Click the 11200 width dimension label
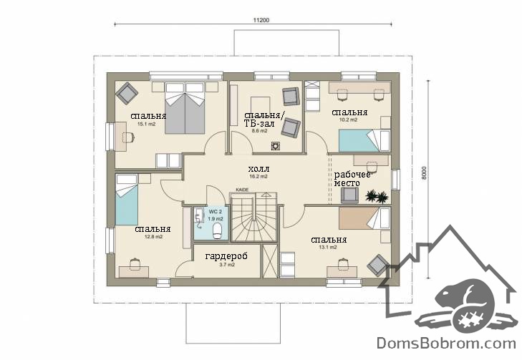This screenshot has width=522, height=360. pos(261,20)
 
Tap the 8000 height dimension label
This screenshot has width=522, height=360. pos(424,173)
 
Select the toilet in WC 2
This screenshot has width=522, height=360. pos(217,231)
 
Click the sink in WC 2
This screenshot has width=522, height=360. pos(199,215)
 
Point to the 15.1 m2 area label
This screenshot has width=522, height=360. pos(147,124)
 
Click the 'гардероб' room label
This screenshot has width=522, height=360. pos(226,256)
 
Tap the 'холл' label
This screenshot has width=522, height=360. pos(258,169)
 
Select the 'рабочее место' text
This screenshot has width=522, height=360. pos(352,179)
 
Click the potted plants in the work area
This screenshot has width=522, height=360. pos(377,196)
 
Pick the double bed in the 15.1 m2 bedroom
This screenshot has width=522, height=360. pos(185,108)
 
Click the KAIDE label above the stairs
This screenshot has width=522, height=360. pos(242,190)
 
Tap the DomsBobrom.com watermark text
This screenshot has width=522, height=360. pos(446,343)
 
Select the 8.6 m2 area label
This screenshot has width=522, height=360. pos(259,131)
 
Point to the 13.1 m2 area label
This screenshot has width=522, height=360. pos(328,247)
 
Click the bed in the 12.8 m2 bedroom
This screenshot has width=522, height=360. pos(127,200)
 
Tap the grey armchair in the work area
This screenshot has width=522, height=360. pos(349,195)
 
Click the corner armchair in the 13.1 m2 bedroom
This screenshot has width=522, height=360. pos(378,266)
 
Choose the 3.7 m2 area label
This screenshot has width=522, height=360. pos(227,265)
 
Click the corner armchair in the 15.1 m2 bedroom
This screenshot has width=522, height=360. pos(127,94)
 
